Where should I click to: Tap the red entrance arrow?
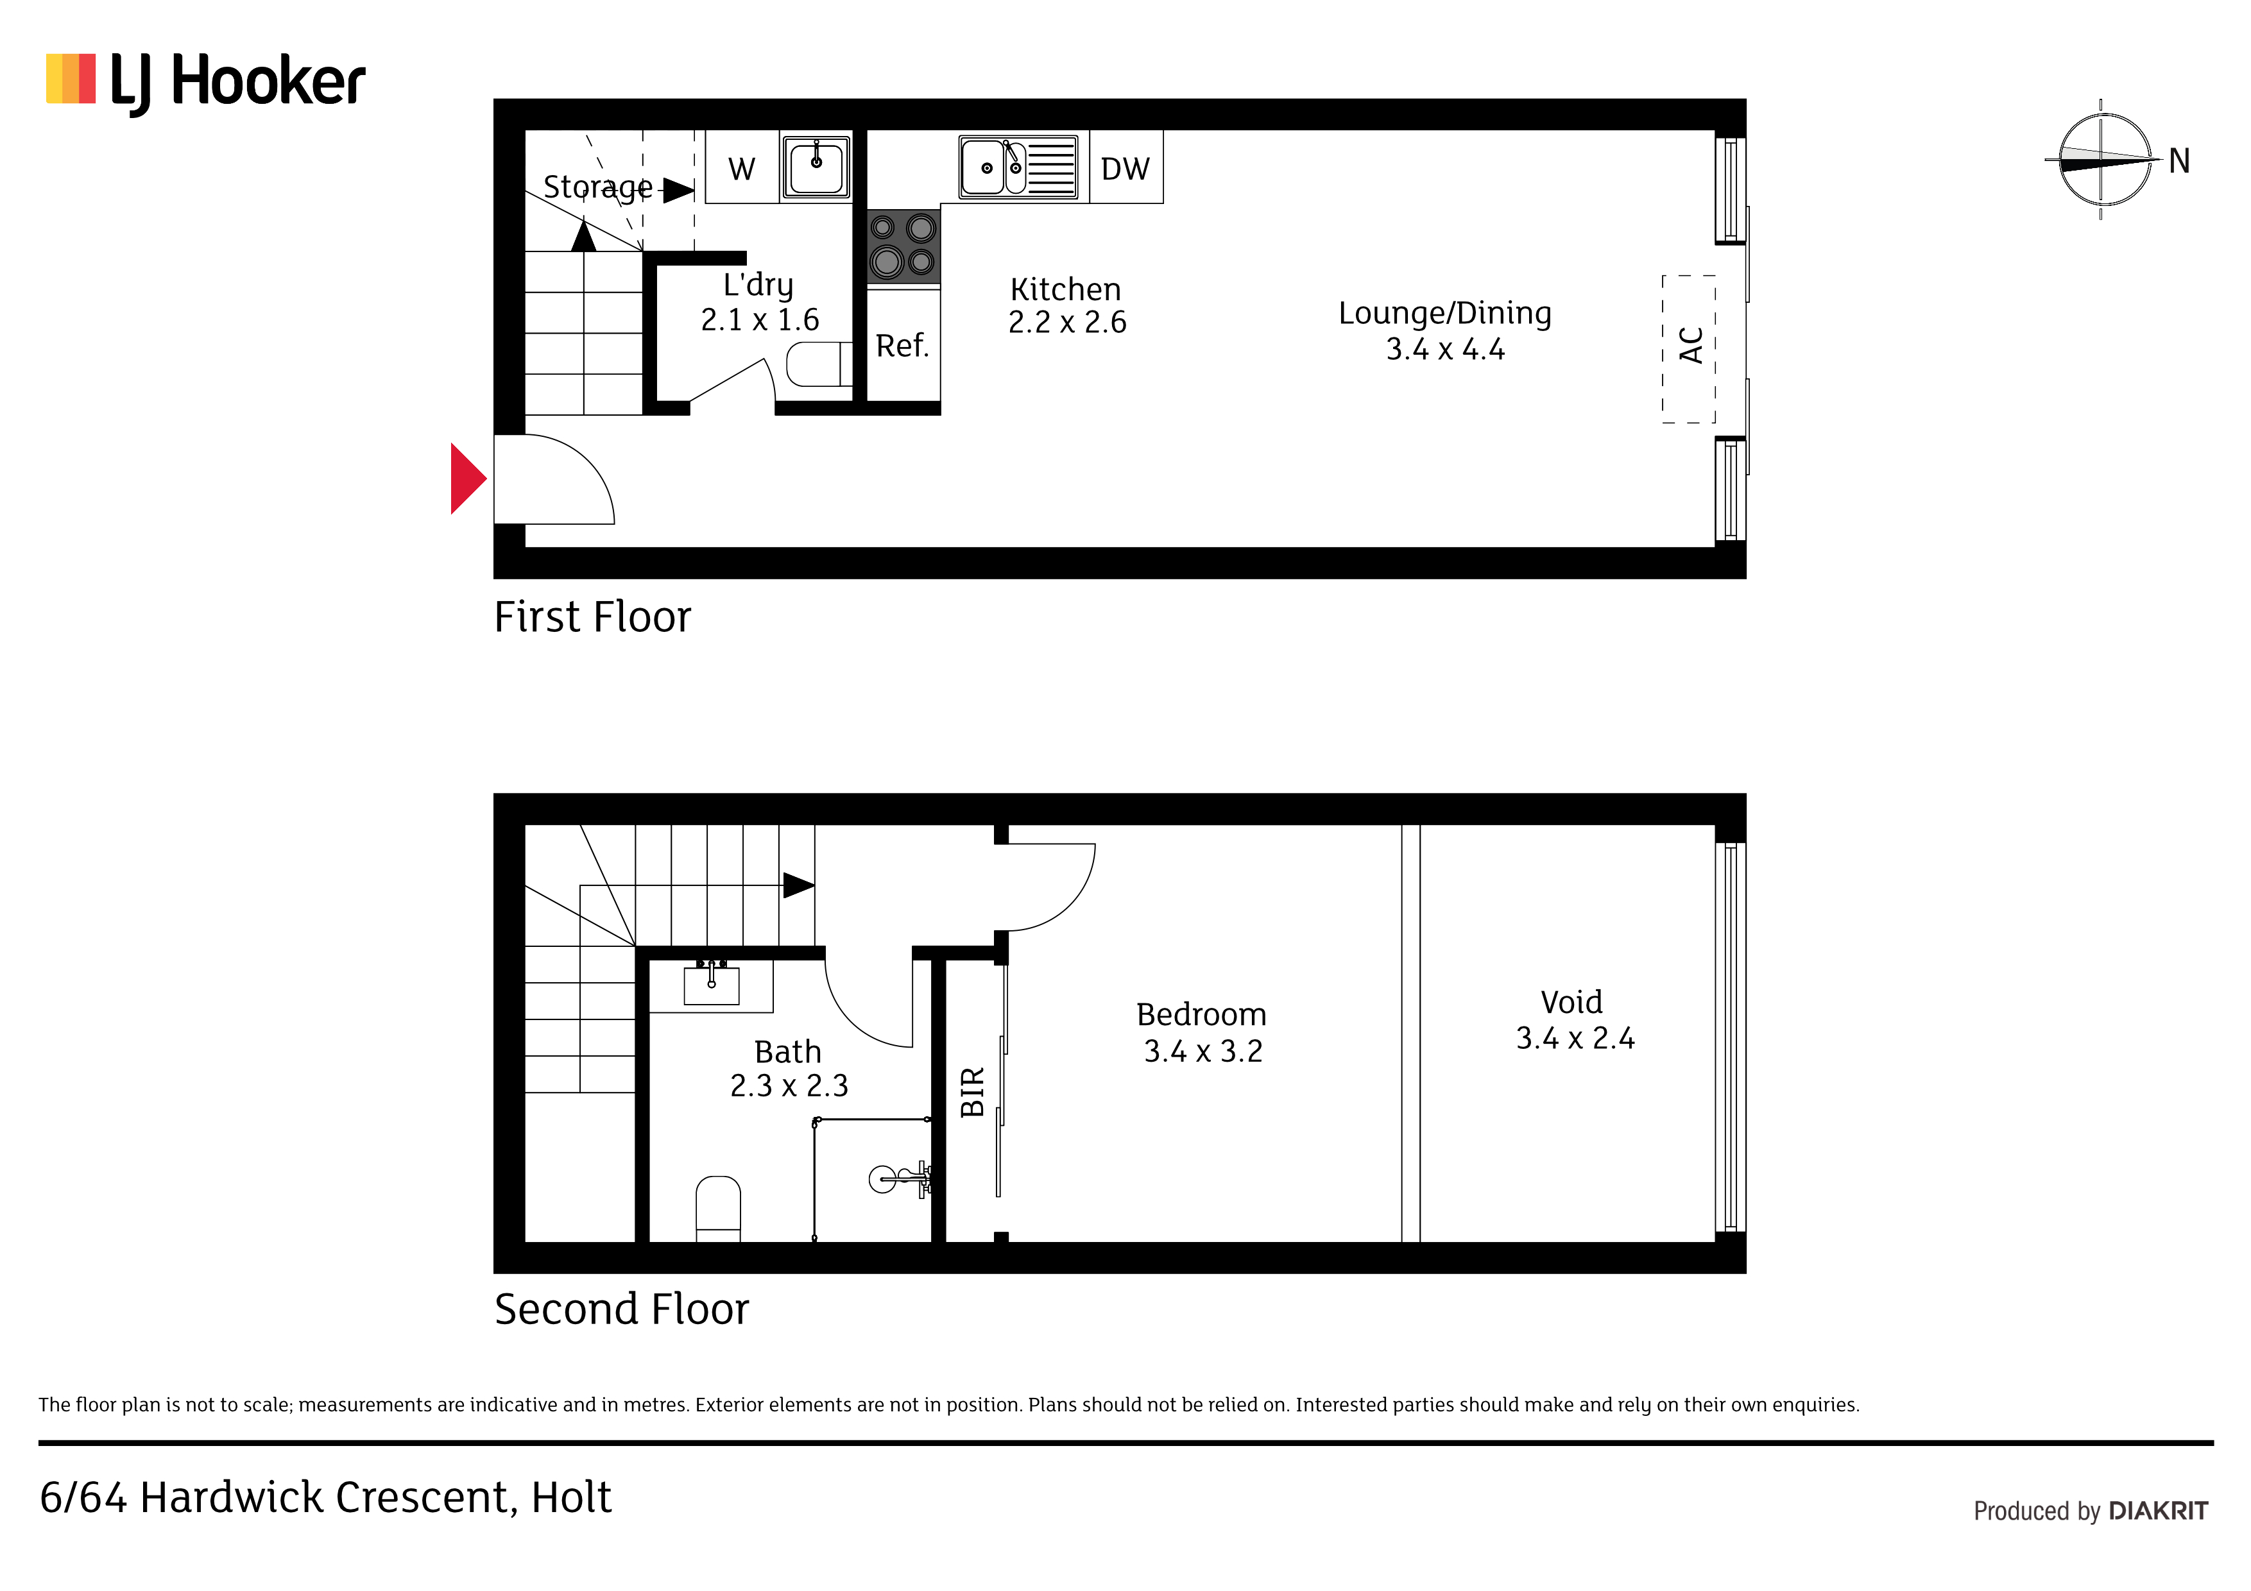pos(468,479)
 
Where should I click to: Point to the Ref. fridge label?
pos(902,345)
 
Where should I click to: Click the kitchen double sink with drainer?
pos(1018,167)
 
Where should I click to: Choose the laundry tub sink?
pos(816,167)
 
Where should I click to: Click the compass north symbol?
pos(2108,159)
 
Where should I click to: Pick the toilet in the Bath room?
pos(717,1209)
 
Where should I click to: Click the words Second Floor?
pos(622,1309)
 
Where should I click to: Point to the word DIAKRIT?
pos(2158,1511)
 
